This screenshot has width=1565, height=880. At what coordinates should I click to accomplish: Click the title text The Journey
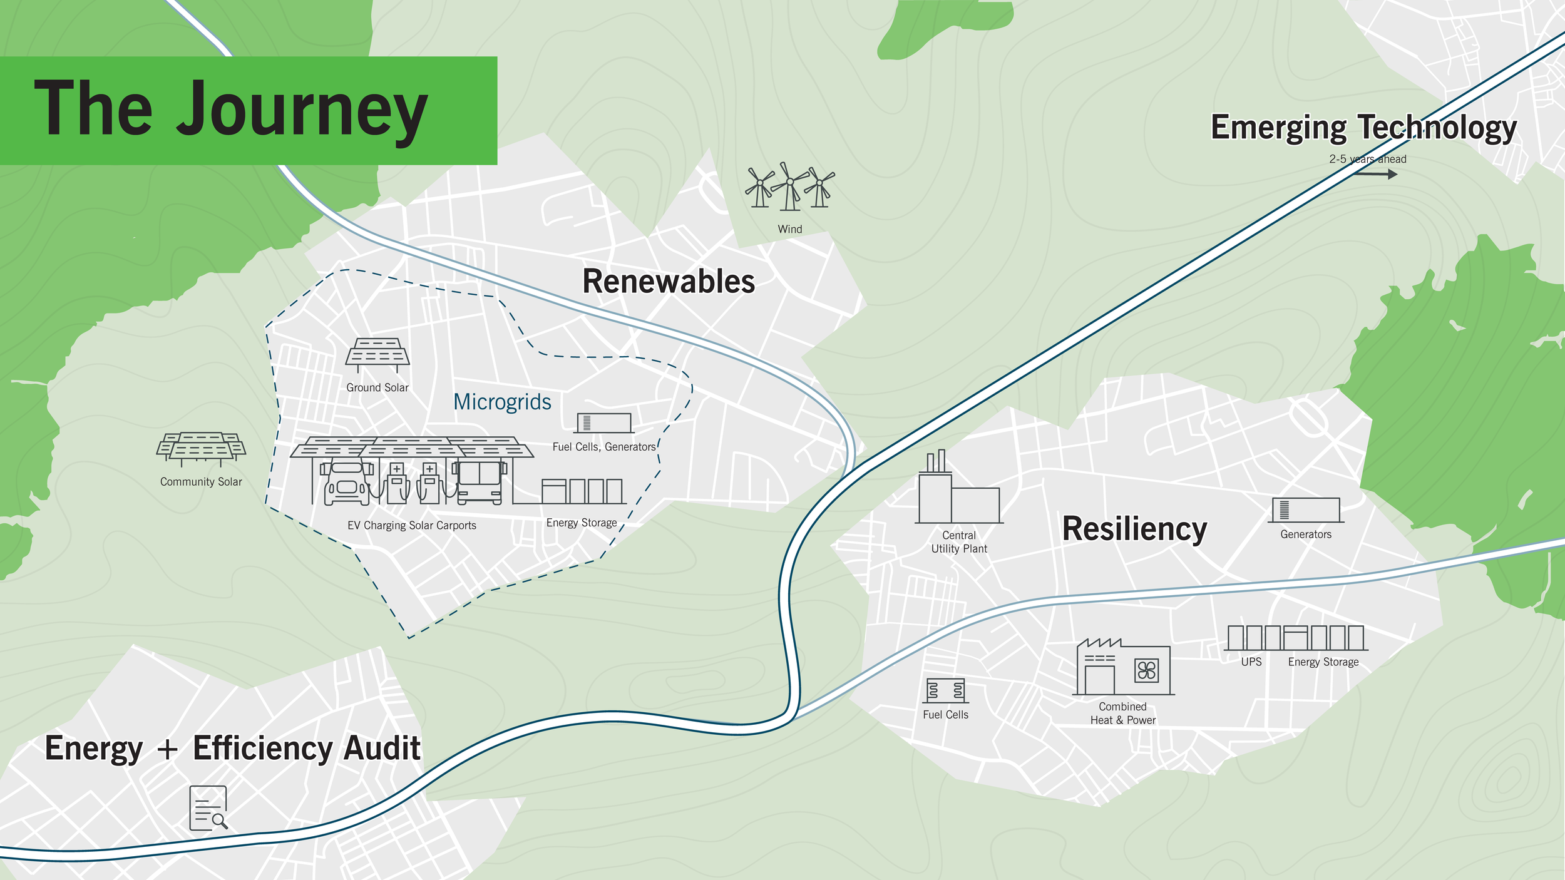(x=230, y=110)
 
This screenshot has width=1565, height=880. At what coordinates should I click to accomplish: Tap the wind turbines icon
(x=789, y=187)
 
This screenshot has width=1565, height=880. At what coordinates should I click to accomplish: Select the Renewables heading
(x=668, y=282)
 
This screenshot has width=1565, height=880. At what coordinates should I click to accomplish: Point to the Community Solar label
(x=201, y=482)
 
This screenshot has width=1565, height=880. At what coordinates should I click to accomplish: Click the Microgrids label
(x=502, y=402)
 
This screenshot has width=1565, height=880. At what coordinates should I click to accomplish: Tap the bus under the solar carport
(x=480, y=482)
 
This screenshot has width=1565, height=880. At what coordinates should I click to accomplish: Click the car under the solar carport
(x=346, y=484)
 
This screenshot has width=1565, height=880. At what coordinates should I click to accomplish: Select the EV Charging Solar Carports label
(x=411, y=526)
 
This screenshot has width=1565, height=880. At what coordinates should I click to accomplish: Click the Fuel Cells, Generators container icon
(x=604, y=423)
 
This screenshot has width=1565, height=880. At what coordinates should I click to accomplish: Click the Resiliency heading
(x=1134, y=530)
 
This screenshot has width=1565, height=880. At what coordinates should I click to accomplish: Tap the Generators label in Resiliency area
(x=1305, y=535)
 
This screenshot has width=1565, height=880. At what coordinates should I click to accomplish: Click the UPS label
(x=1251, y=662)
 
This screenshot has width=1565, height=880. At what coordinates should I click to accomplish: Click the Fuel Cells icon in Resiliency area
(x=945, y=691)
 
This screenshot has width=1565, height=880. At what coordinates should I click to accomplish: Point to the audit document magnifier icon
(x=208, y=808)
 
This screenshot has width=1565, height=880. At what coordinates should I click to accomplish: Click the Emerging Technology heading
(x=1363, y=128)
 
